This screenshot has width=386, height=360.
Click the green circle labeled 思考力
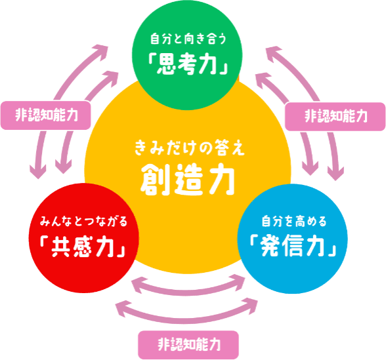pyautogui.click(x=187, y=55)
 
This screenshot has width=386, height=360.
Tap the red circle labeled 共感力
pyautogui.click(x=84, y=238)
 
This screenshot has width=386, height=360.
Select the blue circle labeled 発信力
pyautogui.click(x=292, y=239)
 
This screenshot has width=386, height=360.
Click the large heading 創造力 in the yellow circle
pyautogui.click(x=188, y=179)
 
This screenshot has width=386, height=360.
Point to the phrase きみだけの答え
pyautogui.click(x=190, y=148)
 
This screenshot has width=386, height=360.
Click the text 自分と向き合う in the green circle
pyautogui.click(x=188, y=39)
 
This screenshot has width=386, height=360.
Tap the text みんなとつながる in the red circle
pyautogui.click(x=84, y=221)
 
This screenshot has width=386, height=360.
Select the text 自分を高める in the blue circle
pyautogui.click(x=293, y=221)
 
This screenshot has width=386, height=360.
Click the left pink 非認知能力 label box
pyautogui.click(x=46, y=115)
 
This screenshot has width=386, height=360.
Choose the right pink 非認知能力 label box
pyautogui.click(x=335, y=117)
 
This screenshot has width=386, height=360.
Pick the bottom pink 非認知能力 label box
pyautogui.click(x=188, y=345)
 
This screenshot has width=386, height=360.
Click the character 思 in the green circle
pyautogui.click(x=167, y=64)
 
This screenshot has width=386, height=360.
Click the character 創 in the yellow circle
pyautogui.click(x=154, y=179)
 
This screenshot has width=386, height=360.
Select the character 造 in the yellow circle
pyautogui.click(x=188, y=179)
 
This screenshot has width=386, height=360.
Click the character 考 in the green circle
pyautogui.click(x=189, y=64)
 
